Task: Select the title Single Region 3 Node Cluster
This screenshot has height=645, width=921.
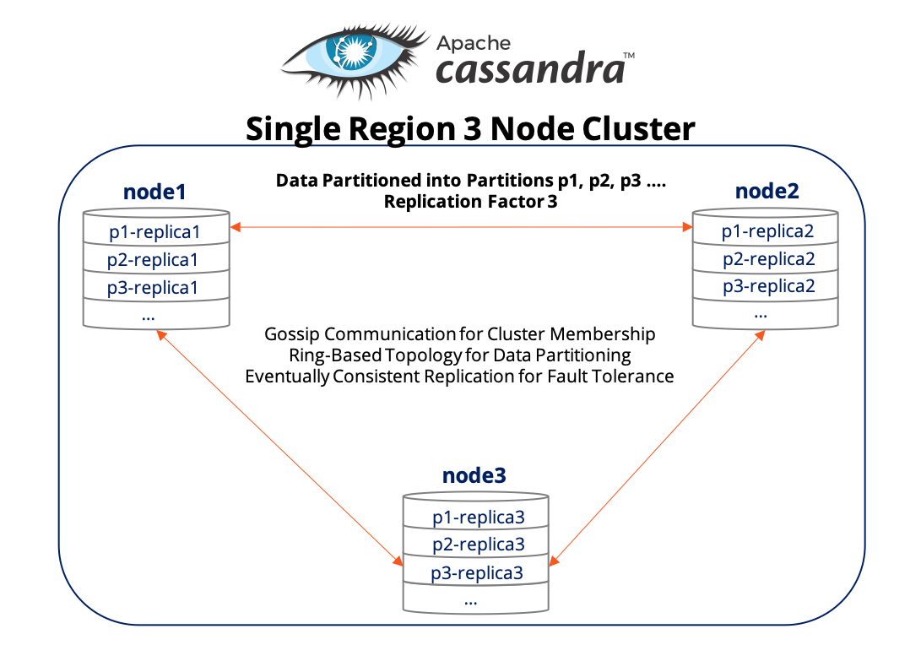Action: click(x=470, y=129)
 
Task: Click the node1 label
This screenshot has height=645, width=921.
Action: click(x=154, y=192)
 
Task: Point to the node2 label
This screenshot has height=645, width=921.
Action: click(x=767, y=191)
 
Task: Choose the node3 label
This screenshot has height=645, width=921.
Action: click(x=474, y=475)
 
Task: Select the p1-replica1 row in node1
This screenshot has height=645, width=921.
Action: click(x=156, y=231)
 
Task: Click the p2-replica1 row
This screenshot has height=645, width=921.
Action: click(x=156, y=259)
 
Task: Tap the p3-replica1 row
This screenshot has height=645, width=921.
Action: click(x=156, y=287)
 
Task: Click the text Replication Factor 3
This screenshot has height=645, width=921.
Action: click(x=470, y=202)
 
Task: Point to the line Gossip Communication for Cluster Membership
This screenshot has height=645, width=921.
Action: click(x=459, y=334)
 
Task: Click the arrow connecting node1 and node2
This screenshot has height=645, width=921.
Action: click(x=461, y=226)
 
